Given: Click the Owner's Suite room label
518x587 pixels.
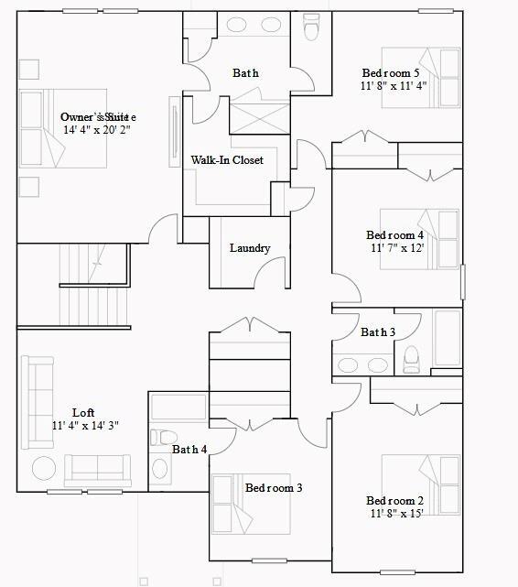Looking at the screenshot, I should [98, 117].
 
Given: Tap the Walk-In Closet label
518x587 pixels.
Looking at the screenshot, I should [227, 160].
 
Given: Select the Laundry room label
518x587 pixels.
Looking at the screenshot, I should [250, 248].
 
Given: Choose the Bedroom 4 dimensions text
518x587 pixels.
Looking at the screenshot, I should [397, 248].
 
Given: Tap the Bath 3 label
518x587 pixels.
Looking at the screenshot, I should [377, 332].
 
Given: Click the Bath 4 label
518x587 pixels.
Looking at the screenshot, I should [189, 450].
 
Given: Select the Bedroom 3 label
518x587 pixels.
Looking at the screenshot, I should [273, 488].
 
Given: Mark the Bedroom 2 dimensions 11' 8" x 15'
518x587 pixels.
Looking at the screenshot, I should [396, 514].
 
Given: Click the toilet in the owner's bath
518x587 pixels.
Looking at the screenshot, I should [310, 30].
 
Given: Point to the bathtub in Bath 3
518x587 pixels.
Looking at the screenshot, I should [448, 341].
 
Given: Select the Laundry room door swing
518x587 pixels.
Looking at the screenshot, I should [273, 271].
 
